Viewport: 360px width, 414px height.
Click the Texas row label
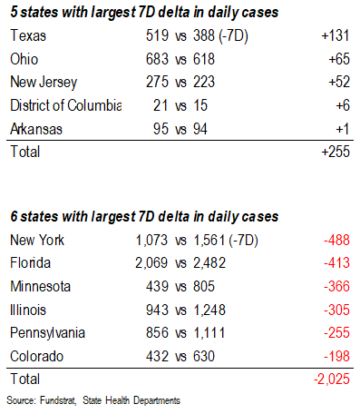pos(26,35)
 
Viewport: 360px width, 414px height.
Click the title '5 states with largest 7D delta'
pos(143,12)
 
